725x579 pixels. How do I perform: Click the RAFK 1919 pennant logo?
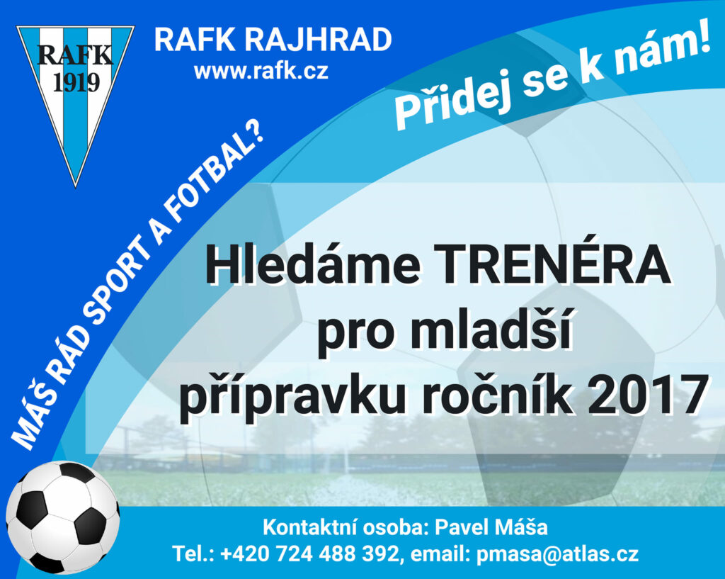(x=75, y=102)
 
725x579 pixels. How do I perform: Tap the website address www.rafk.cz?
(x=261, y=72)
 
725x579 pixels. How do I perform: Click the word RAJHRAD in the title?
(x=318, y=40)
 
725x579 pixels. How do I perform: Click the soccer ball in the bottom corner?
(x=62, y=517)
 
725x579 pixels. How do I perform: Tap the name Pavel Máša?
(x=491, y=527)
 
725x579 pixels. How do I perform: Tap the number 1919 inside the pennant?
(x=76, y=82)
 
